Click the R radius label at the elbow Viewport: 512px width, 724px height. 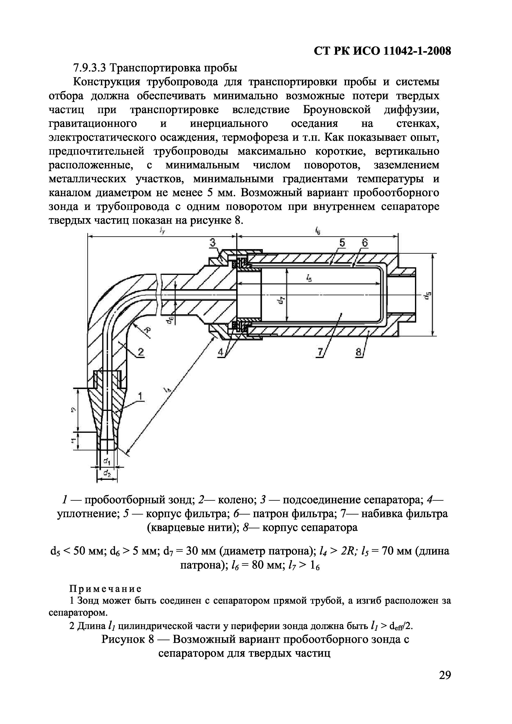pyautogui.click(x=146, y=330)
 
